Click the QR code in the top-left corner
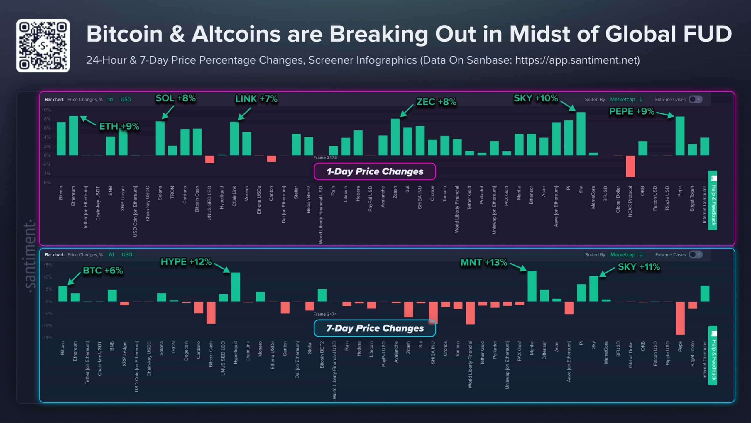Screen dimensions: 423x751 click(43, 46)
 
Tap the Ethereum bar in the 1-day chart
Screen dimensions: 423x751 click(73, 135)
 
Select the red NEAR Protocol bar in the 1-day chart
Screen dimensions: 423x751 click(630, 166)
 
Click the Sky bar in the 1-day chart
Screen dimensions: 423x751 click(581, 134)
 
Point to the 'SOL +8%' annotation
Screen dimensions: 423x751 click(175, 98)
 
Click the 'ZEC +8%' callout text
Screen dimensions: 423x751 click(436, 102)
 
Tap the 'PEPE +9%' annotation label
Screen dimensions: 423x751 click(632, 111)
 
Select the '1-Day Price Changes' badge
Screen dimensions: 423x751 click(375, 171)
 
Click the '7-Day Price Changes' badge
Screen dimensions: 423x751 click(375, 328)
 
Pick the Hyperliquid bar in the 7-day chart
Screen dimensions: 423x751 click(236, 287)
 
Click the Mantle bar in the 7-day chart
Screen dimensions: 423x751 click(532, 286)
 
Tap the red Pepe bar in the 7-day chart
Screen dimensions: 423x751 click(680, 318)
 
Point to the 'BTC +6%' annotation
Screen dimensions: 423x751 click(103, 270)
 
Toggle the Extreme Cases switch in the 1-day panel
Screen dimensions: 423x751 click(695, 99)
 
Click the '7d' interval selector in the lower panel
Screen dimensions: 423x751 click(111, 254)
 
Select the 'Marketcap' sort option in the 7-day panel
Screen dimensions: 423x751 click(623, 254)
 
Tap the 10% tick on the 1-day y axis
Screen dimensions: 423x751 click(46, 110)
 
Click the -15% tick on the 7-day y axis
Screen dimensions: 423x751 click(47, 338)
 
